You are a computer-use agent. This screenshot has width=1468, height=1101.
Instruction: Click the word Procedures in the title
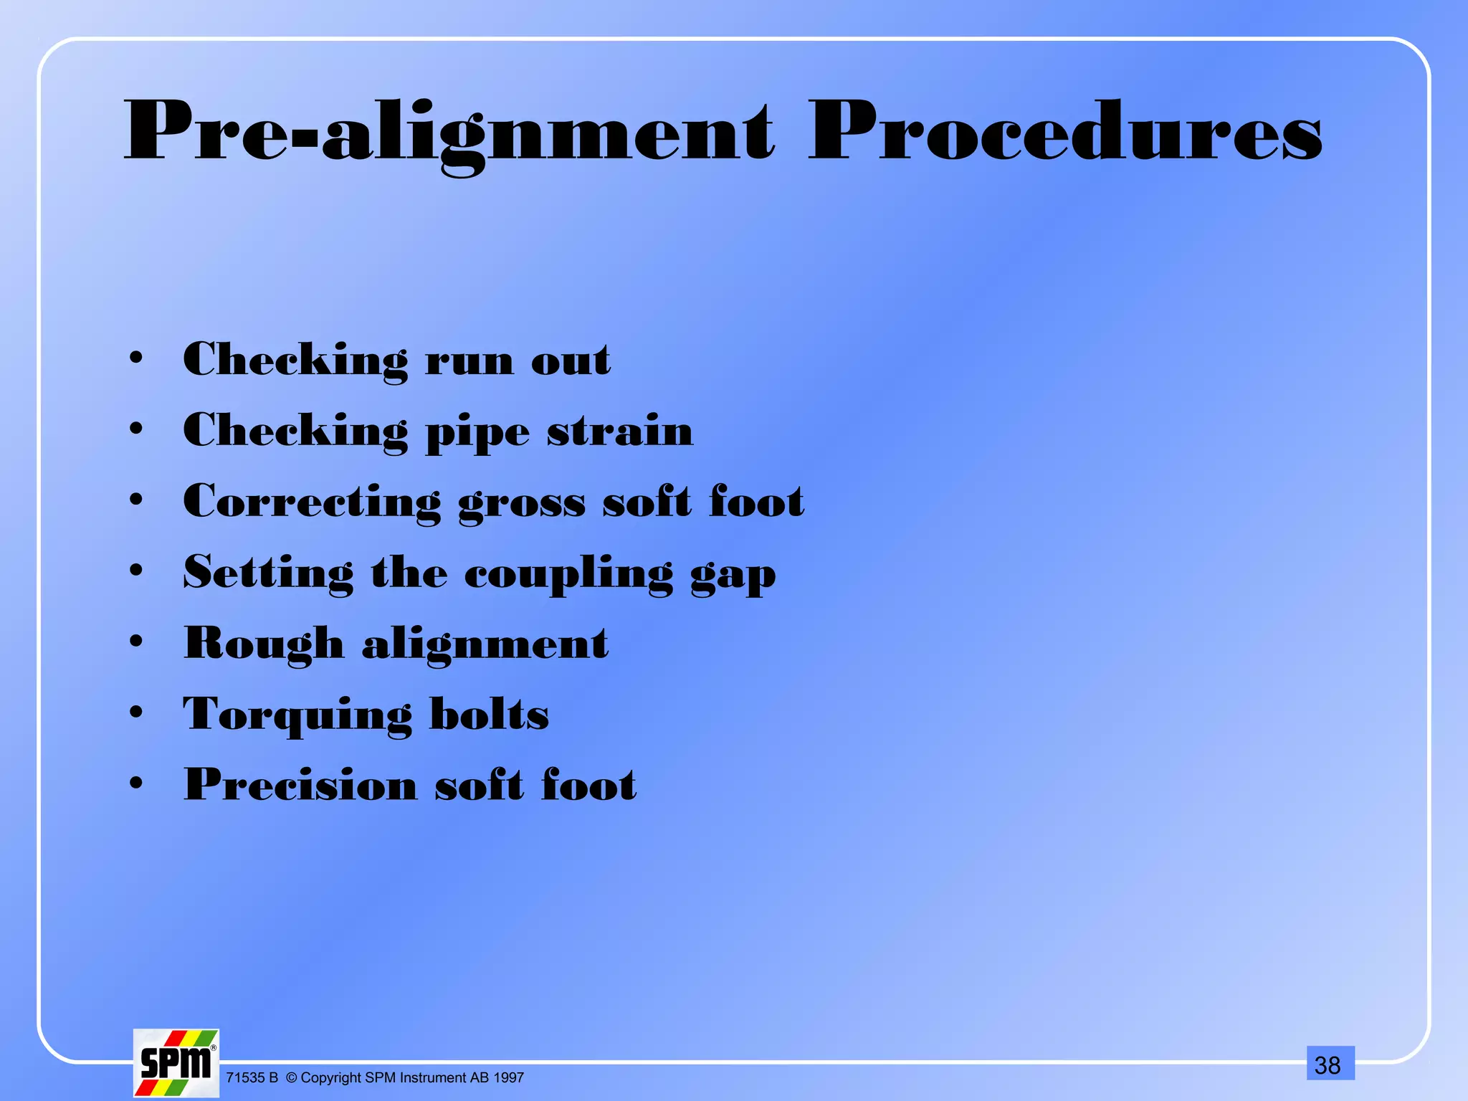(x=1064, y=133)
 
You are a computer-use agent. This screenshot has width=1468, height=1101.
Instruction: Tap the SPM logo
(x=176, y=1063)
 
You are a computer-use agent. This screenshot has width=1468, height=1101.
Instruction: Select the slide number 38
(x=1328, y=1065)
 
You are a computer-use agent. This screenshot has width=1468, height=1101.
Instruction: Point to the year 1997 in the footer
(x=508, y=1078)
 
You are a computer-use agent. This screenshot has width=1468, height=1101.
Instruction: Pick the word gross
(x=522, y=502)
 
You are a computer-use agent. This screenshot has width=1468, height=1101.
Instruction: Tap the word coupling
(x=569, y=574)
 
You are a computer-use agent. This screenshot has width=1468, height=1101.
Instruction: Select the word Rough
(x=264, y=643)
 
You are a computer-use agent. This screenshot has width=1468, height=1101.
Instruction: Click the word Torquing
(x=297, y=715)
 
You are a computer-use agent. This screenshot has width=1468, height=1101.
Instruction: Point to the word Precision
(x=301, y=783)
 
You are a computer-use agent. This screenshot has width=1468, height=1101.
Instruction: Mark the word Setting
(x=268, y=573)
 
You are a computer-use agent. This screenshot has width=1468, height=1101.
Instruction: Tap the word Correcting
(x=312, y=502)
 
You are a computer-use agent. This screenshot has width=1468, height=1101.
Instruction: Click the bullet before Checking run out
(x=136, y=358)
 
